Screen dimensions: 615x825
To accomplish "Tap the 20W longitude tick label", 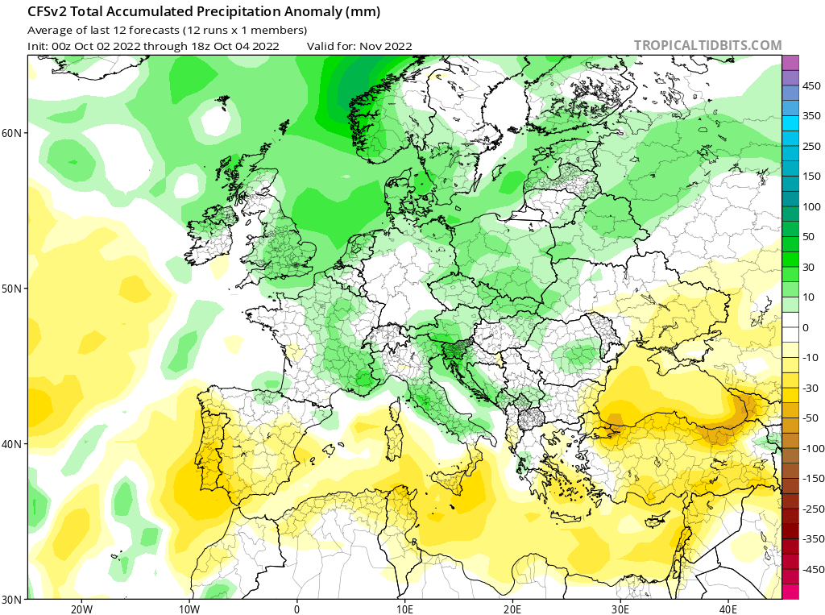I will [x=81, y=609].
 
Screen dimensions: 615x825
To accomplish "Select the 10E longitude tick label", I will [x=404, y=609].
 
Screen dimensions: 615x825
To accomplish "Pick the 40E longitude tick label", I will [x=728, y=609].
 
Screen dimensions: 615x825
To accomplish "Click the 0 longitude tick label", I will [x=297, y=609].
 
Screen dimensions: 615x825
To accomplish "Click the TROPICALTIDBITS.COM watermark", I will [x=707, y=46].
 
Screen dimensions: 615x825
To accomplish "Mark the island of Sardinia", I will [x=394, y=442].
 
